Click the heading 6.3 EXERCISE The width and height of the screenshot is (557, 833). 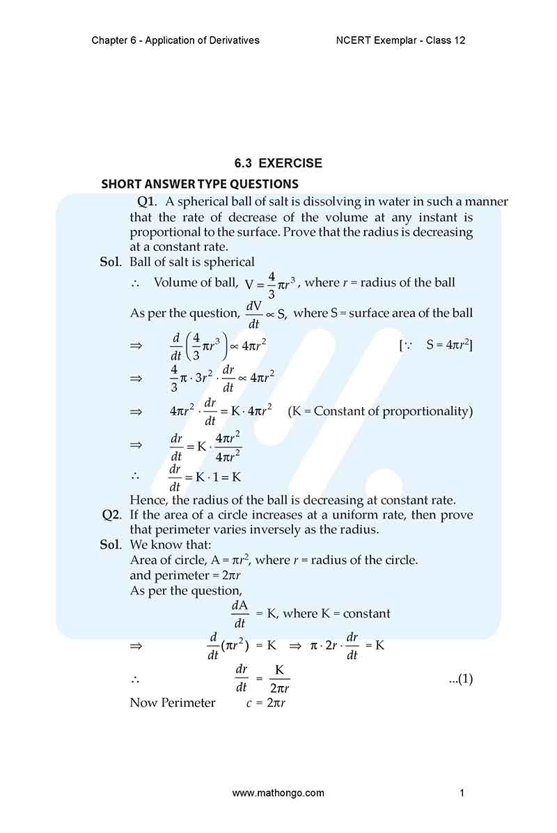click(278, 164)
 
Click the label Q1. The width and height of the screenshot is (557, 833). click(146, 202)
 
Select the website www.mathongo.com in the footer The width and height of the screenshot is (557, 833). click(278, 793)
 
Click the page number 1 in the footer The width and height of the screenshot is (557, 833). click(462, 793)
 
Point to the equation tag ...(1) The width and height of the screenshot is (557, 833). click(460, 678)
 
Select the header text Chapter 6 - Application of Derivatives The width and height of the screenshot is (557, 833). click(175, 40)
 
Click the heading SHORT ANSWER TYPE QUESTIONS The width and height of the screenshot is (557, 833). click(200, 184)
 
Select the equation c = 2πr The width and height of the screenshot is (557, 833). click(267, 703)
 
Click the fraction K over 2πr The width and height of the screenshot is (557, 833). click(279, 678)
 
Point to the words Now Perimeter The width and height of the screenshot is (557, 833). click(173, 703)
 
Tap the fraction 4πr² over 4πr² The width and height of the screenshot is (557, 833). click(228, 448)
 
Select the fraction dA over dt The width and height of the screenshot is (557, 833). click(240, 614)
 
